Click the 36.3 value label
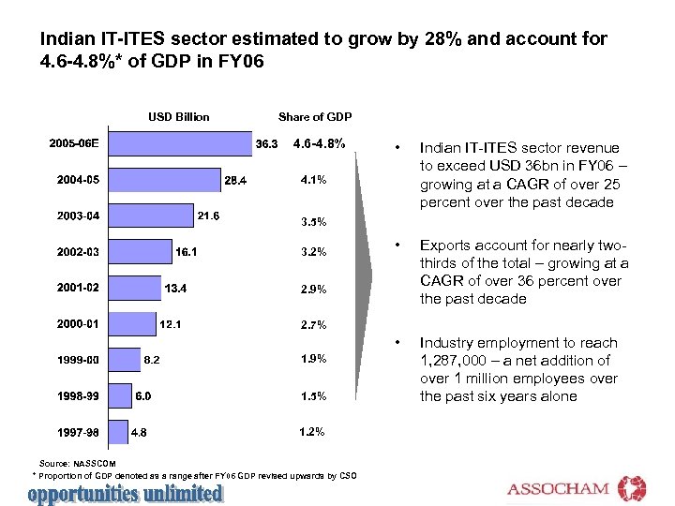click(x=266, y=144)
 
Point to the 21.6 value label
click(x=208, y=216)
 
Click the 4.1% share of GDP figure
click(x=313, y=179)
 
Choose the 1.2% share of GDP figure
click(x=312, y=431)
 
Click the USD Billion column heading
click(x=179, y=117)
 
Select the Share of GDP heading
click(x=314, y=117)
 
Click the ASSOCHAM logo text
click(x=559, y=489)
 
